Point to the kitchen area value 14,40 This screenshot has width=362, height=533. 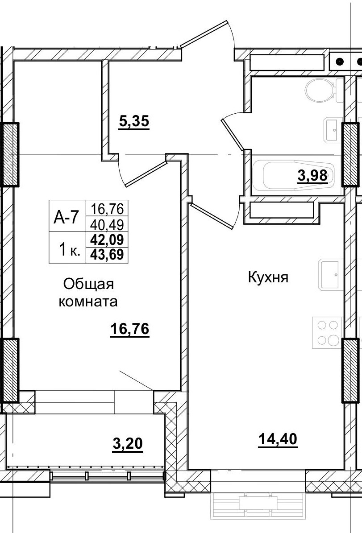tap(278, 439)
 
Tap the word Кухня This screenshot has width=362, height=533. tap(269, 278)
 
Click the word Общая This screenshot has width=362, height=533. tap(89, 284)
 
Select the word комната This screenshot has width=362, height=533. tap(88, 302)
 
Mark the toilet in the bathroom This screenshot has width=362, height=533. tap(320, 91)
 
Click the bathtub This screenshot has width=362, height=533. tap(290, 176)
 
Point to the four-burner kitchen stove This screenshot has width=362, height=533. tap(328, 333)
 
